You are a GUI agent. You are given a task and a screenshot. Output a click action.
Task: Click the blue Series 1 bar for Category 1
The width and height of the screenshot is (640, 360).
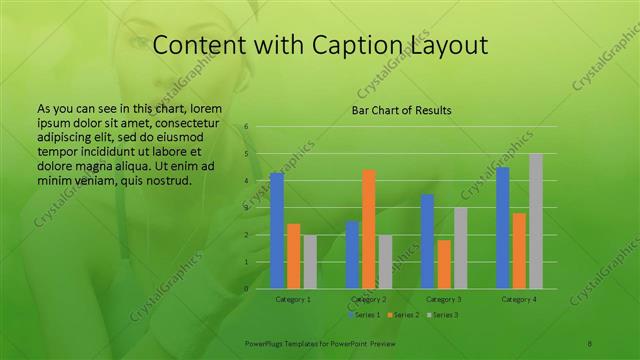(x=277, y=231)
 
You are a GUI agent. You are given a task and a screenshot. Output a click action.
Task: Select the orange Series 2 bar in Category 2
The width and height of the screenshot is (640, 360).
(x=369, y=229)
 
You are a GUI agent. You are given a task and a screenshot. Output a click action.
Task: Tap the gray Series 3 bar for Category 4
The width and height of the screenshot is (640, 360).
(x=536, y=221)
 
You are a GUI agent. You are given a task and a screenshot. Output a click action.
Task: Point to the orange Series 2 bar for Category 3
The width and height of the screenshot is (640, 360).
(x=444, y=264)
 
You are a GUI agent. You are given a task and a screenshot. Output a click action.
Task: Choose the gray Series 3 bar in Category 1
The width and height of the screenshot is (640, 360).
(x=310, y=262)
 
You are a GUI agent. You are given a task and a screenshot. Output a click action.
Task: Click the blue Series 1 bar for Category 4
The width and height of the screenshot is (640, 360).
(x=503, y=228)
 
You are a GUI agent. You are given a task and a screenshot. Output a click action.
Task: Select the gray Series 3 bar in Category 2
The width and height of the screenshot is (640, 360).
(x=386, y=262)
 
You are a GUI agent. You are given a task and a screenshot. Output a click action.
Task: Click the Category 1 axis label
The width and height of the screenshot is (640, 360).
(x=293, y=299)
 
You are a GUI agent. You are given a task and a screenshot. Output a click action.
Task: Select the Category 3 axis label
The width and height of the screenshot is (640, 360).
(x=444, y=299)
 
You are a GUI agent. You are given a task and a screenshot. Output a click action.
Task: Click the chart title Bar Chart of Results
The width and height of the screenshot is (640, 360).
(x=401, y=110)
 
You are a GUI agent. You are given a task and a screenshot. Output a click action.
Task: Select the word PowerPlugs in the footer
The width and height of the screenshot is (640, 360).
(x=266, y=343)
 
